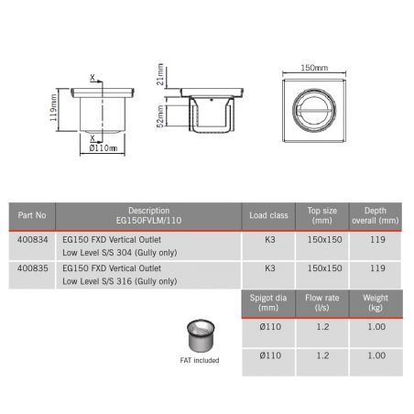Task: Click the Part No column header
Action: coord(33,215)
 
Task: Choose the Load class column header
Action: coord(269,215)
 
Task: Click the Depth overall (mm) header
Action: coord(376,215)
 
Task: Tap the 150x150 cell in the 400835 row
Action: coord(324,269)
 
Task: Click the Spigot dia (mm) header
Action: coord(269,302)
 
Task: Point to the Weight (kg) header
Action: coord(376,302)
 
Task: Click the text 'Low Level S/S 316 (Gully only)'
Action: coord(119,280)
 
